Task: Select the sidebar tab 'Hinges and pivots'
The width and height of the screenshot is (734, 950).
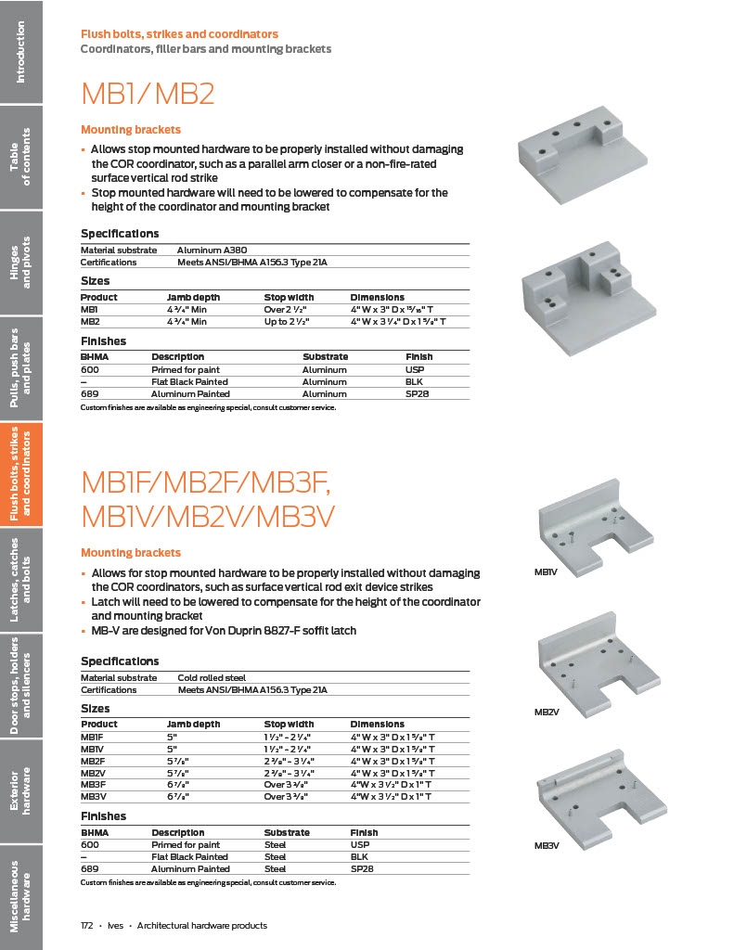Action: [x=21, y=263]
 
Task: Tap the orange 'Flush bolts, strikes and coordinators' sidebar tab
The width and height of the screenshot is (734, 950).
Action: [x=21, y=474]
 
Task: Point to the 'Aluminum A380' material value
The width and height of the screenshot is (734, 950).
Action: [x=212, y=250]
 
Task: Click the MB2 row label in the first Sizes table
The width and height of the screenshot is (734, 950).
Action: [x=89, y=321]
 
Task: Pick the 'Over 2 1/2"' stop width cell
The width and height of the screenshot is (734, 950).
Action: [x=286, y=309]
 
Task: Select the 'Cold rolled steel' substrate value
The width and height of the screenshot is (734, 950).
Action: [x=212, y=677]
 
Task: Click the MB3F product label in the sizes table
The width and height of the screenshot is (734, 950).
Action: [x=93, y=784]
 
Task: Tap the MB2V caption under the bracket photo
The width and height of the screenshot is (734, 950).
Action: [x=546, y=712]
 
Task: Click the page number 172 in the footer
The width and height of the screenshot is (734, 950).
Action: [x=88, y=925]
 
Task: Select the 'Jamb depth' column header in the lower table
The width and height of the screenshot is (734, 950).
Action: [x=191, y=724]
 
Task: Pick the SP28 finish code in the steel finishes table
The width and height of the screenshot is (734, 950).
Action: [x=362, y=869]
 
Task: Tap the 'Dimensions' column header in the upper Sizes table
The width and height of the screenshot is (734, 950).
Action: [x=377, y=297]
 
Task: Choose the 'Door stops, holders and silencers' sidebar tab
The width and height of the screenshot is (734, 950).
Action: [x=21, y=686]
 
